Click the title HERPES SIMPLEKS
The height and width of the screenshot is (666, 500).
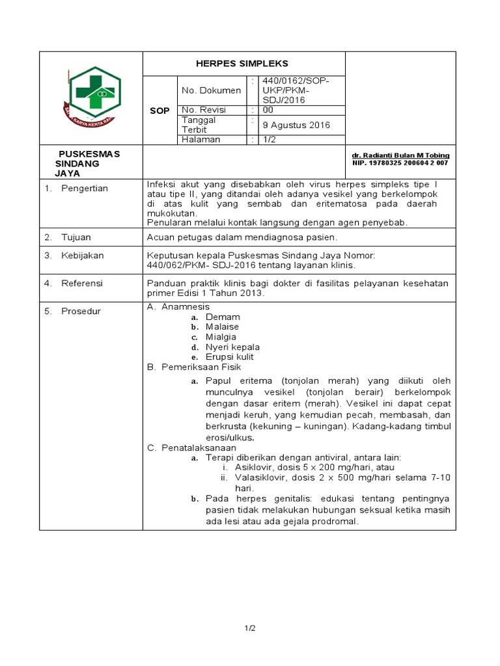tap(242, 64)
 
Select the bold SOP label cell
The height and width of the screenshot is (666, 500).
tap(160, 111)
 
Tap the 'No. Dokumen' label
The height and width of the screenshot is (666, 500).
tap(211, 90)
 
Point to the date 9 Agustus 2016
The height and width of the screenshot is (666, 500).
tap(296, 125)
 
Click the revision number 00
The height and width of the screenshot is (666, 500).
tap(268, 110)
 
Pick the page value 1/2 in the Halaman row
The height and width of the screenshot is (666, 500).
tap(269, 139)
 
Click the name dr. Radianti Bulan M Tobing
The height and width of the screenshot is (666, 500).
tap(400, 155)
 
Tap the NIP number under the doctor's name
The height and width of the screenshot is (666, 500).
tap(400, 163)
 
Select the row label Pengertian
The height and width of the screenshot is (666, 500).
tap(85, 189)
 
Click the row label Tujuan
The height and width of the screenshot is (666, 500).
tap(76, 237)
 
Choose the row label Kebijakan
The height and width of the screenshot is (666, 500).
tap(83, 256)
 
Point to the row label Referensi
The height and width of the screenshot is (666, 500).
tap(82, 284)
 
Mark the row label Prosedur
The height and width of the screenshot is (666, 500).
tap(81, 312)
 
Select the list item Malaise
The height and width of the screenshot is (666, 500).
tap(222, 326)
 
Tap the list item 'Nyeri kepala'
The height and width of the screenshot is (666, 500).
tap(232, 347)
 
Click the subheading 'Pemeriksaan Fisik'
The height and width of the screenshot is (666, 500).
tap(195, 367)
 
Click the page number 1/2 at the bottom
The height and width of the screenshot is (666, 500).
tap(250, 628)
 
